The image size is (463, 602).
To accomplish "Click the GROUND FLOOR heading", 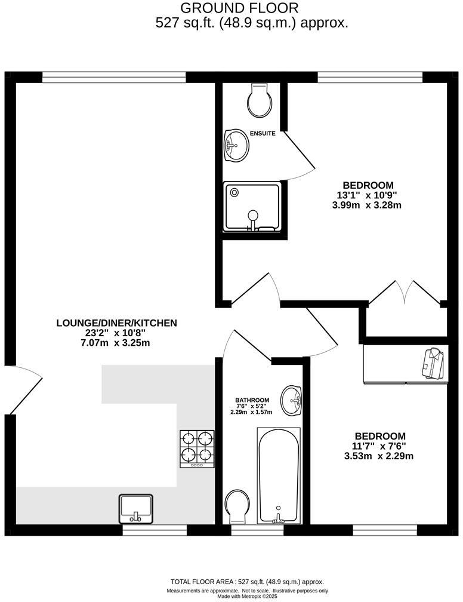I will [239, 8].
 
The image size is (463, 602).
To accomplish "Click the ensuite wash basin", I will [237, 145].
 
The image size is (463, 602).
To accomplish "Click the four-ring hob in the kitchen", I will [197, 449].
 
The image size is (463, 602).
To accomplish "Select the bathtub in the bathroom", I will [278, 475].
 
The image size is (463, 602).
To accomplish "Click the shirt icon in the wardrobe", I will [432, 363].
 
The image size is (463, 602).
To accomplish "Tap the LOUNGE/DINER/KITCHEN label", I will [116, 323].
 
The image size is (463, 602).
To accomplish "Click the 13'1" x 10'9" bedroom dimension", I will [368, 195].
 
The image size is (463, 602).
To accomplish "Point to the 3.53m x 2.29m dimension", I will [380, 456].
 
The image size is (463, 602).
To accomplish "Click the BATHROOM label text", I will [252, 400].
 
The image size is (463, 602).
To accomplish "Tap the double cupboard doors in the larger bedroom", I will [406, 293].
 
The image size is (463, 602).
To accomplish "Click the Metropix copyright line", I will [247, 596].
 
